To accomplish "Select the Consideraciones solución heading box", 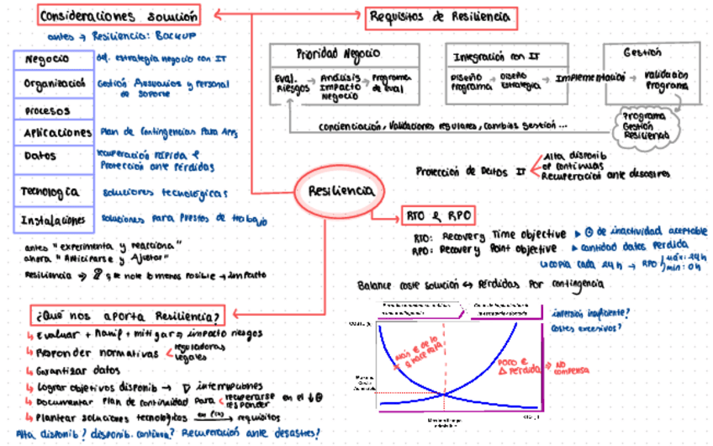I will pos(119,15).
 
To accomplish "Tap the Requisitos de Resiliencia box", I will pos(438,16).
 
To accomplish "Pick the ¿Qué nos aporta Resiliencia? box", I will pos(127,316).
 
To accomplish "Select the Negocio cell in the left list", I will pos(53,60).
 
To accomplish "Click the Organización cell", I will pos(53,84).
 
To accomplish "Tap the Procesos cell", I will pos(53,110).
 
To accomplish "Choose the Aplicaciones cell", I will pos(53,133).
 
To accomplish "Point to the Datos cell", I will pos(53,157).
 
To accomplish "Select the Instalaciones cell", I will pos(53,220).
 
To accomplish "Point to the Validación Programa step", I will pos(666,80).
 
